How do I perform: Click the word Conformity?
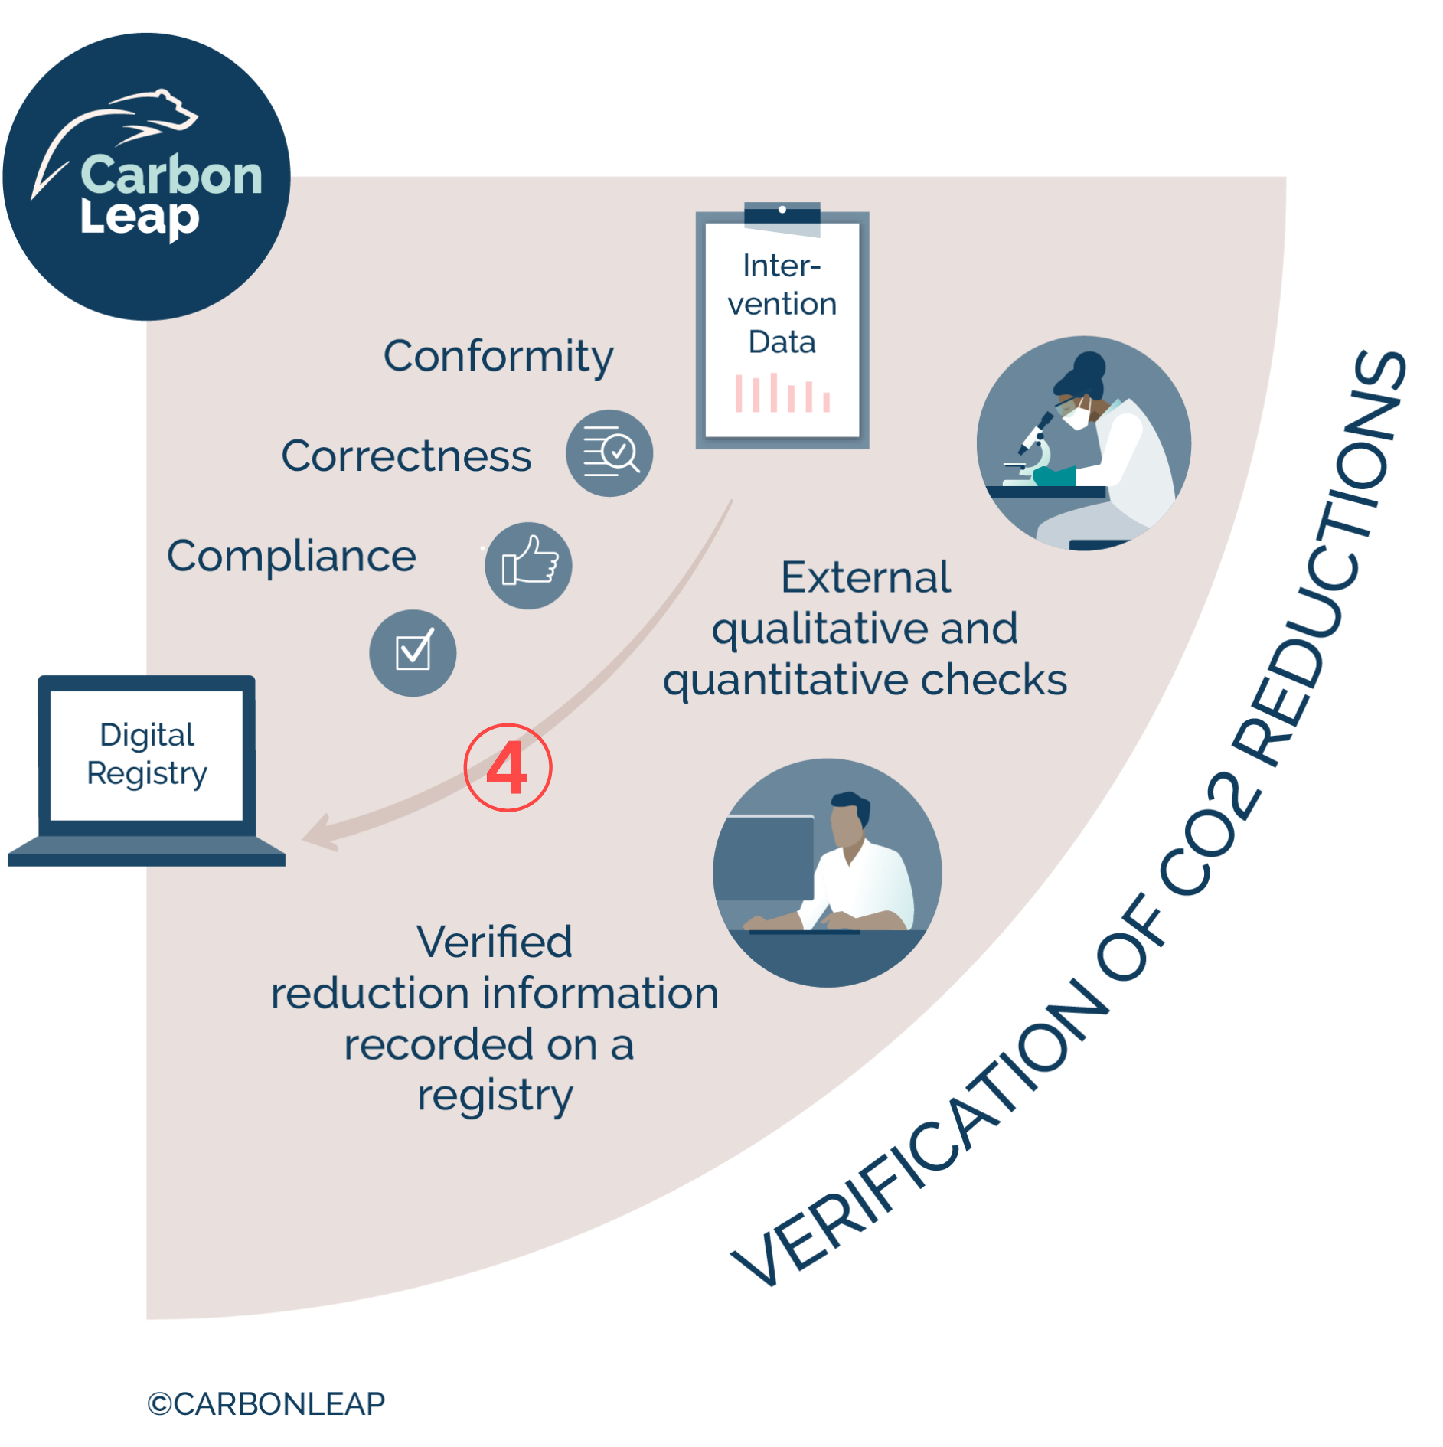[498, 357]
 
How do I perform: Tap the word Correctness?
[406, 456]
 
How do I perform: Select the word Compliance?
[291, 556]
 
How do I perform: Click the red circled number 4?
[508, 767]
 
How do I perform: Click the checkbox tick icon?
[413, 652]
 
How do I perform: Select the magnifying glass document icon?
[610, 452]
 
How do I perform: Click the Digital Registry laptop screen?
[146, 755]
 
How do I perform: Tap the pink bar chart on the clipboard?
[782, 394]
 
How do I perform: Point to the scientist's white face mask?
[1077, 416]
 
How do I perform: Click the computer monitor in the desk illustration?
[766, 857]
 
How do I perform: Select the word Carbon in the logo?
[171, 175]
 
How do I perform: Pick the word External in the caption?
[865, 577]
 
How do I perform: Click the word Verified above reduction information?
[495, 942]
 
